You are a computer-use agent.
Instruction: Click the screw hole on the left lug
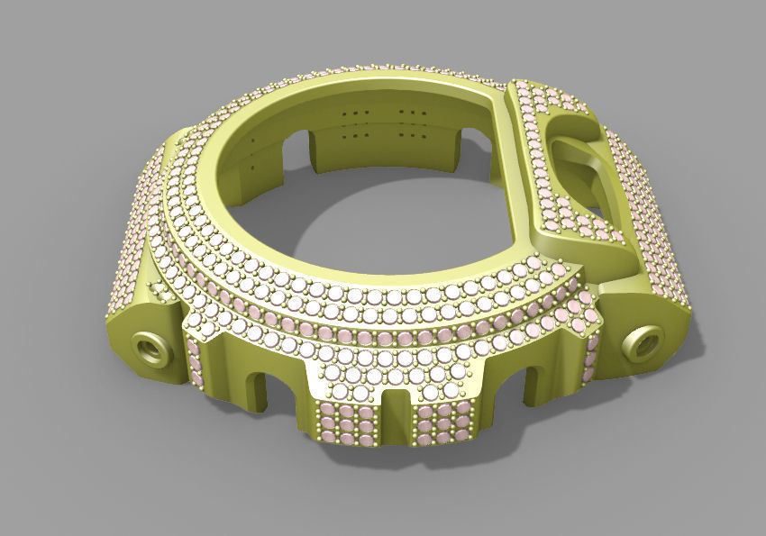(x=150, y=347)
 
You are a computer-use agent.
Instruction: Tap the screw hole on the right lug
(x=645, y=343)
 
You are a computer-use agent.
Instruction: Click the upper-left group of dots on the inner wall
(x=360, y=112)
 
